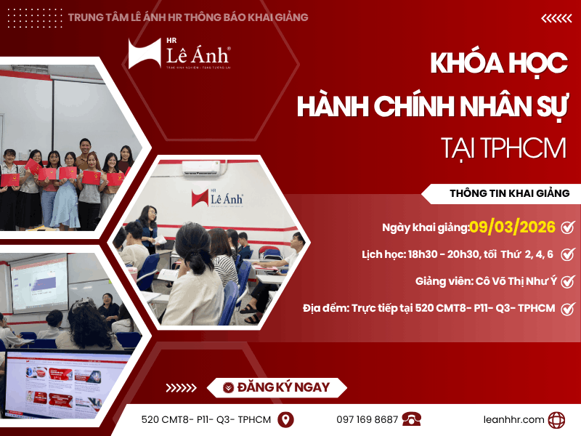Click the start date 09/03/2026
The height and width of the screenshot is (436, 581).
coord(512,227)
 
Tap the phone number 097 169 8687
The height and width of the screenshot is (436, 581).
coord(367,419)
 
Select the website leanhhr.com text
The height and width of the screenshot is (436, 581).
coord(513,419)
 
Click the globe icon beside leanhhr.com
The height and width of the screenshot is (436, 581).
coord(557,419)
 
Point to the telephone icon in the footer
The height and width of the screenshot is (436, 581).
coord(412,419)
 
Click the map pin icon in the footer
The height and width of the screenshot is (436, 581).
coord(286,419)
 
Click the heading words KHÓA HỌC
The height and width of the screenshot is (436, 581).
coord(498,64)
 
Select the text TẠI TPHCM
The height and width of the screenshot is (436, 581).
coord(503,148)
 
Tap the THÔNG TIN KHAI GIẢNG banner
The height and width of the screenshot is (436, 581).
coord(509,193)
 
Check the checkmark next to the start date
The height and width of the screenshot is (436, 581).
coord(568,227)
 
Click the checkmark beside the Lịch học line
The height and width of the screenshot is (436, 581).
coord(568,254)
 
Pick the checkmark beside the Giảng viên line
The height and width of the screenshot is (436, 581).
coord(568,281)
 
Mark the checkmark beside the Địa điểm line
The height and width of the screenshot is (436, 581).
coord(568,308)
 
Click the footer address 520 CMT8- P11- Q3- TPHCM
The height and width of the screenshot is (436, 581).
coord(206,419)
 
